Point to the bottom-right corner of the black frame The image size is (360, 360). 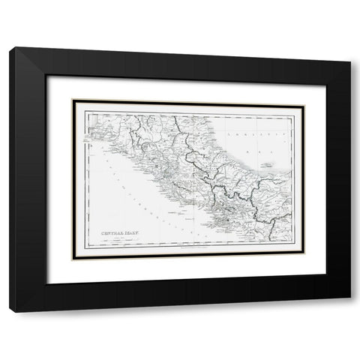[x=349, y=297]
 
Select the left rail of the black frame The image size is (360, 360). [x=26, y=180]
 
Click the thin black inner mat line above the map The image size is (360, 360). [x=187, y=101]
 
